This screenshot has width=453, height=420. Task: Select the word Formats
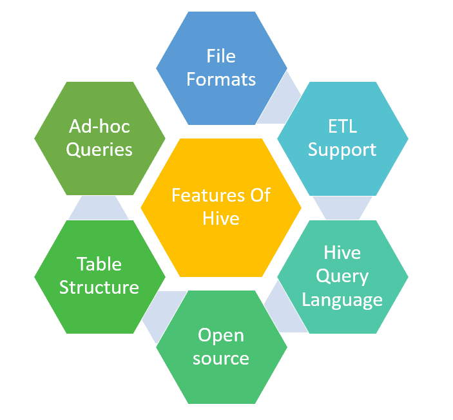pyautogui.click(x=221, y=79)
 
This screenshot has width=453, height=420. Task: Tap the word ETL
pyautogui.click(x=342, y=126)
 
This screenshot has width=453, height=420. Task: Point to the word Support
pyautogui.click(x=342, y=149)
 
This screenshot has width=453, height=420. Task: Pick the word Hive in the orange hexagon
pyautogui.click(x=220, y=218)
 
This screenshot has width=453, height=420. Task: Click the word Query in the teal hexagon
pyautogui.click(x=342, y=276)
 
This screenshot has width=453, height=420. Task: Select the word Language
pyautogui.click(x=342, y=300)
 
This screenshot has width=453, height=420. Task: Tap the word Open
pyautogui.click(x=221, y=334)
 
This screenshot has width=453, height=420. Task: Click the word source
pyautogui.click(x=221, y=358)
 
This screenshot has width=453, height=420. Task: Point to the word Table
pyautogui.click(x=99, y=263)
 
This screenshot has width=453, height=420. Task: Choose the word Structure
pyautogui.click(x=99, y=287)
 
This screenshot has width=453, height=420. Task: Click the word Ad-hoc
pyautogui.click(x=99, y=126)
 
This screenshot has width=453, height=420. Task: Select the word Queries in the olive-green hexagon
pyautogui.click(x=99, y=149)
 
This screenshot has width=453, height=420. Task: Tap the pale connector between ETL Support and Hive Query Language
pyautogui.click(x=342, y=207)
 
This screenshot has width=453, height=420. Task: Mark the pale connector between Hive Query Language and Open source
pyautogui.click(x=278, y=309)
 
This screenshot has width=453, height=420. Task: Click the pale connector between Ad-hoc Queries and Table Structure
pyautogui.click(x=99, y=207)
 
